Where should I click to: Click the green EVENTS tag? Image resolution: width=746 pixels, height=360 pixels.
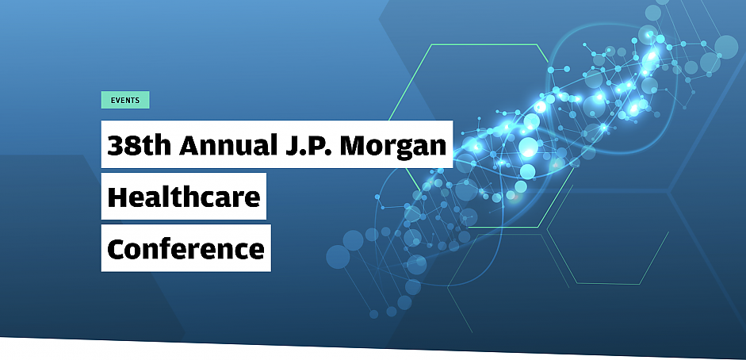(125, 100)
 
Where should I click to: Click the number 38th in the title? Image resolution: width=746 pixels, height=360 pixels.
(139, 144)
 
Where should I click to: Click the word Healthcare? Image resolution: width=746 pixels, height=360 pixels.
(184, 197)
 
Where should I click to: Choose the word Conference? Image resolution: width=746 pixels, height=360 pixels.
(186, 248)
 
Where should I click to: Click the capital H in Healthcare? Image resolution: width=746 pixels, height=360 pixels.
(118, 197)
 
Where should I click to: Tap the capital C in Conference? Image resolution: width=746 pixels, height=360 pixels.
(117, 249)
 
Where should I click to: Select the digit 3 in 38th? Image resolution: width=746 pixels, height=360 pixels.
(115, 146)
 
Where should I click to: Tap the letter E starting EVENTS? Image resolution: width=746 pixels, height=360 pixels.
(113, 101)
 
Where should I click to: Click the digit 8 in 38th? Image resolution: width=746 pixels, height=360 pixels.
(132, 146)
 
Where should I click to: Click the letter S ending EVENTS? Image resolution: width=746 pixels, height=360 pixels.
(137, 101)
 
